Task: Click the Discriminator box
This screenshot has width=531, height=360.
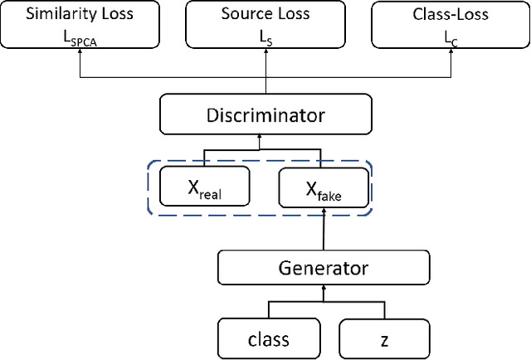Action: (265, 115)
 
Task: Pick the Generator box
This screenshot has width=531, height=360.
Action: (324, 267)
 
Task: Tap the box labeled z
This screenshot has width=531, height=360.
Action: (383, 338)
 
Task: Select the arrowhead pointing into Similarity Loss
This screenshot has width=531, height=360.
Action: (80, 52)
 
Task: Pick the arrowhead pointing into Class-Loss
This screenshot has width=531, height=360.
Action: (451, 52)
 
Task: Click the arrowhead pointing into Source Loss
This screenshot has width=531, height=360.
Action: (265, 52)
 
